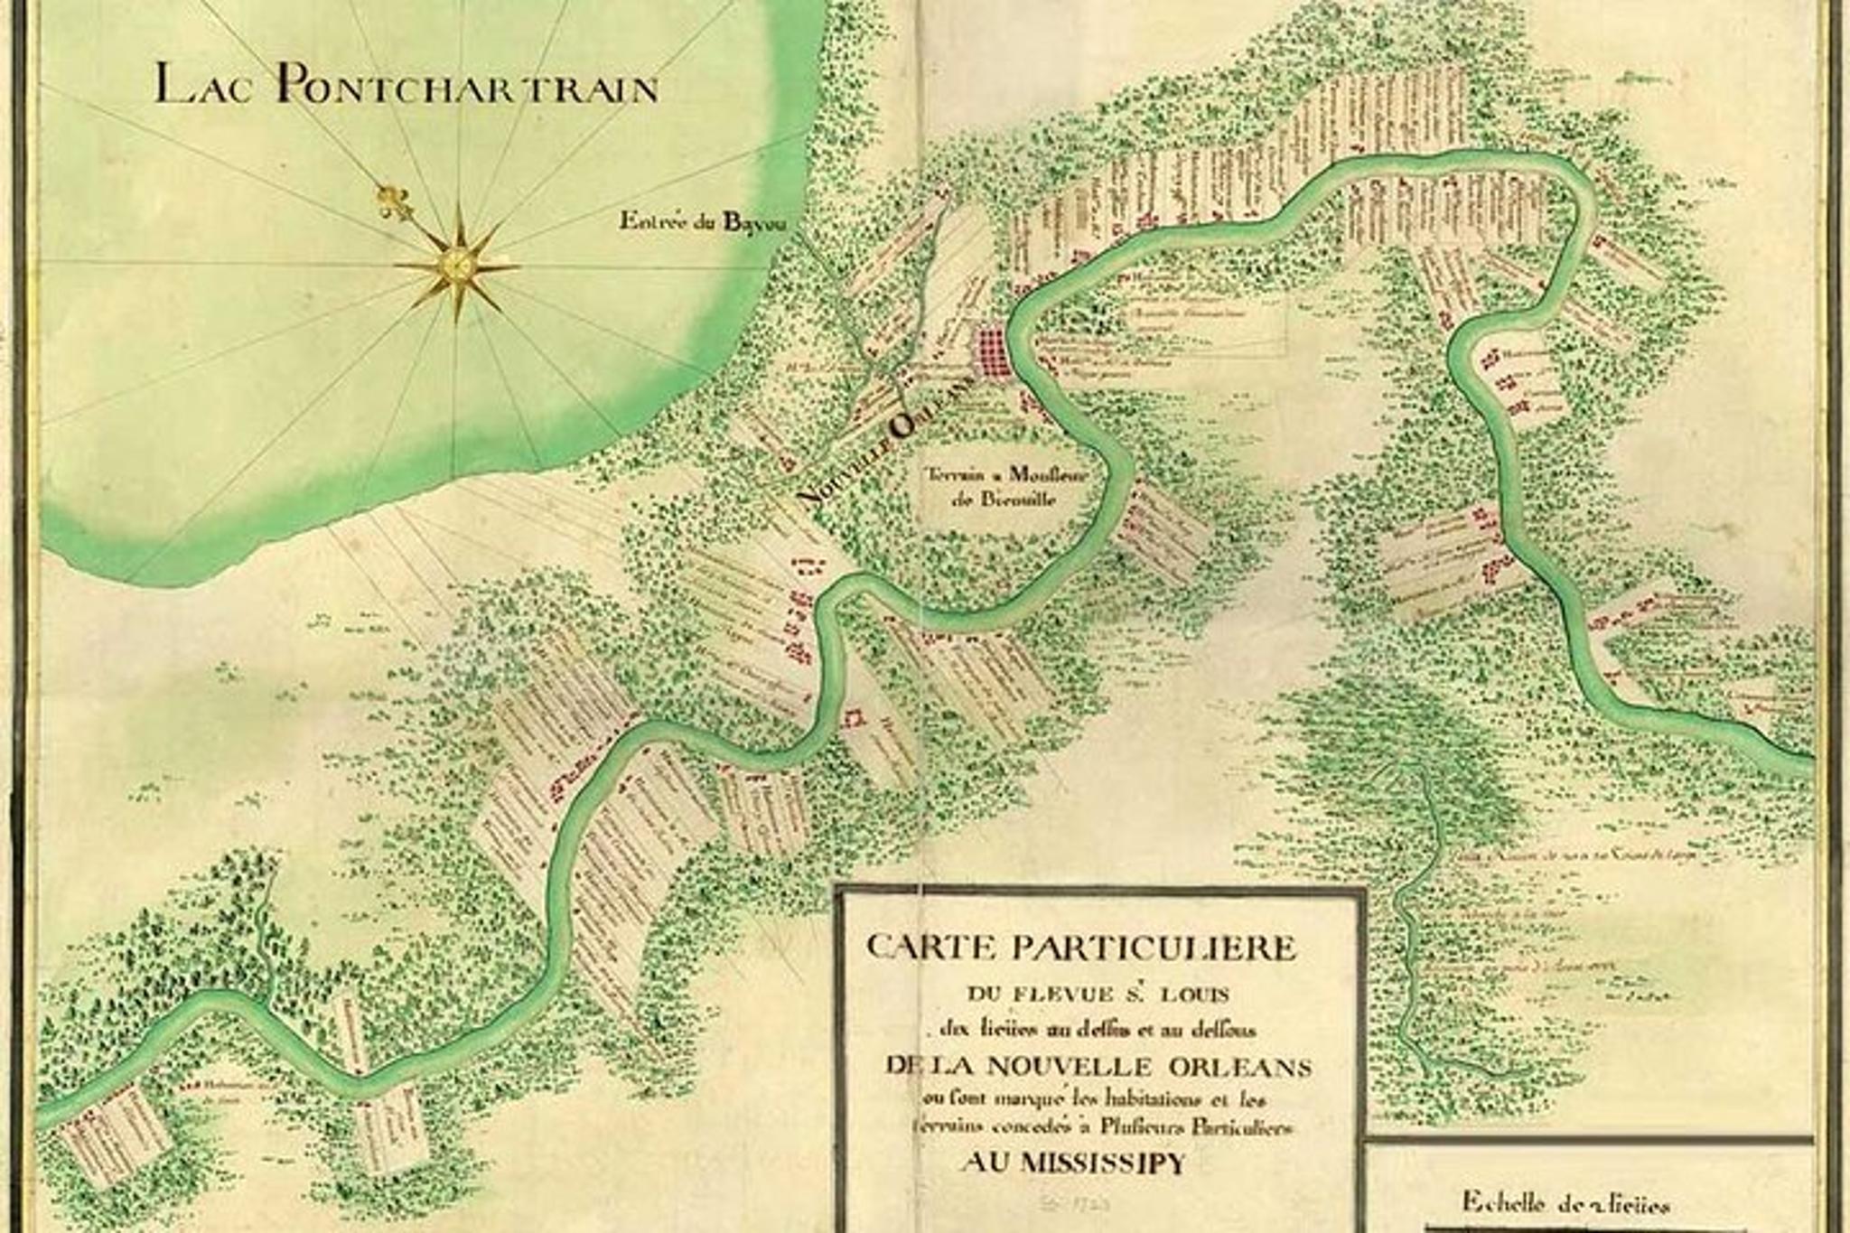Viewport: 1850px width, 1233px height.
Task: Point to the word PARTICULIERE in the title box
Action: pos(1154,948)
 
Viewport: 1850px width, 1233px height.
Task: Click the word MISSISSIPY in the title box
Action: pos(1102,1163)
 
